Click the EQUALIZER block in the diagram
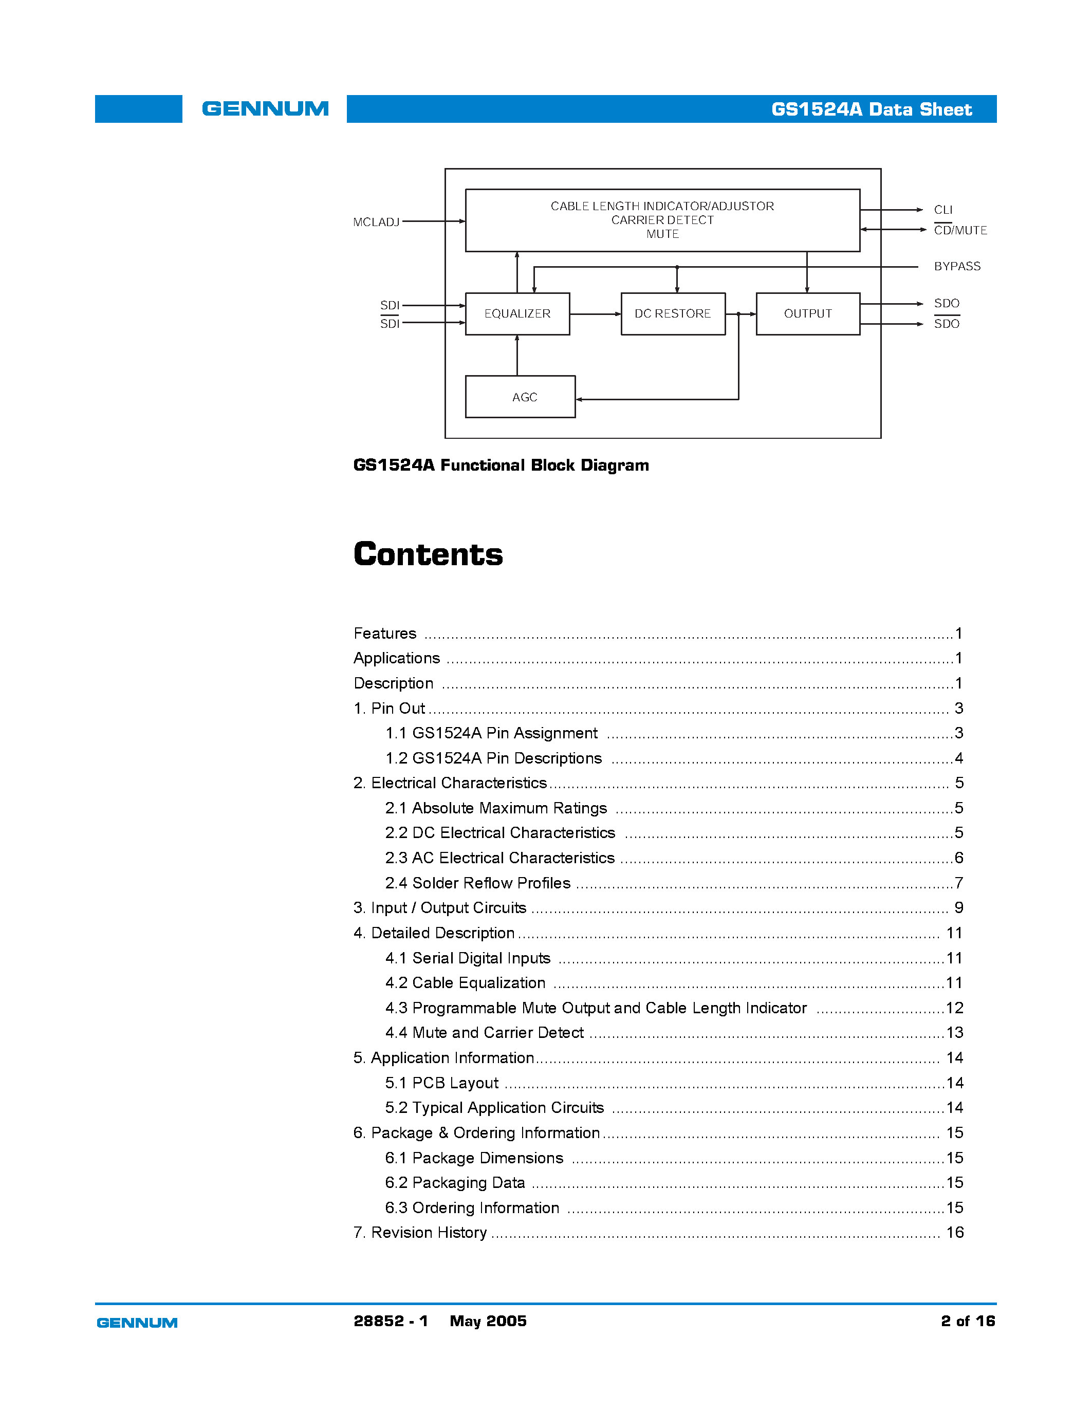point(517,314)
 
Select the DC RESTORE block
point(672,314)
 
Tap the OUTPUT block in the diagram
point(807,314)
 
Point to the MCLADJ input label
point(376,222)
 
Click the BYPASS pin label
point(957,267)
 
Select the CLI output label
point(942,210)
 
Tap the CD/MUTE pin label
point(960,230)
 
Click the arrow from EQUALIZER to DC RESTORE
point(595,314)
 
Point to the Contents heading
point(428,554)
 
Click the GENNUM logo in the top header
point(265,109)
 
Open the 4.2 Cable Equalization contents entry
point(465,983)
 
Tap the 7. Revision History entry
point(420,1233)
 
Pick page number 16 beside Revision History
point(954,1233)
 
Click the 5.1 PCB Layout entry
point(442,1083)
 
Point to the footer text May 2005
point(488,1321)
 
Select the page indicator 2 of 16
point(968,1321)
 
